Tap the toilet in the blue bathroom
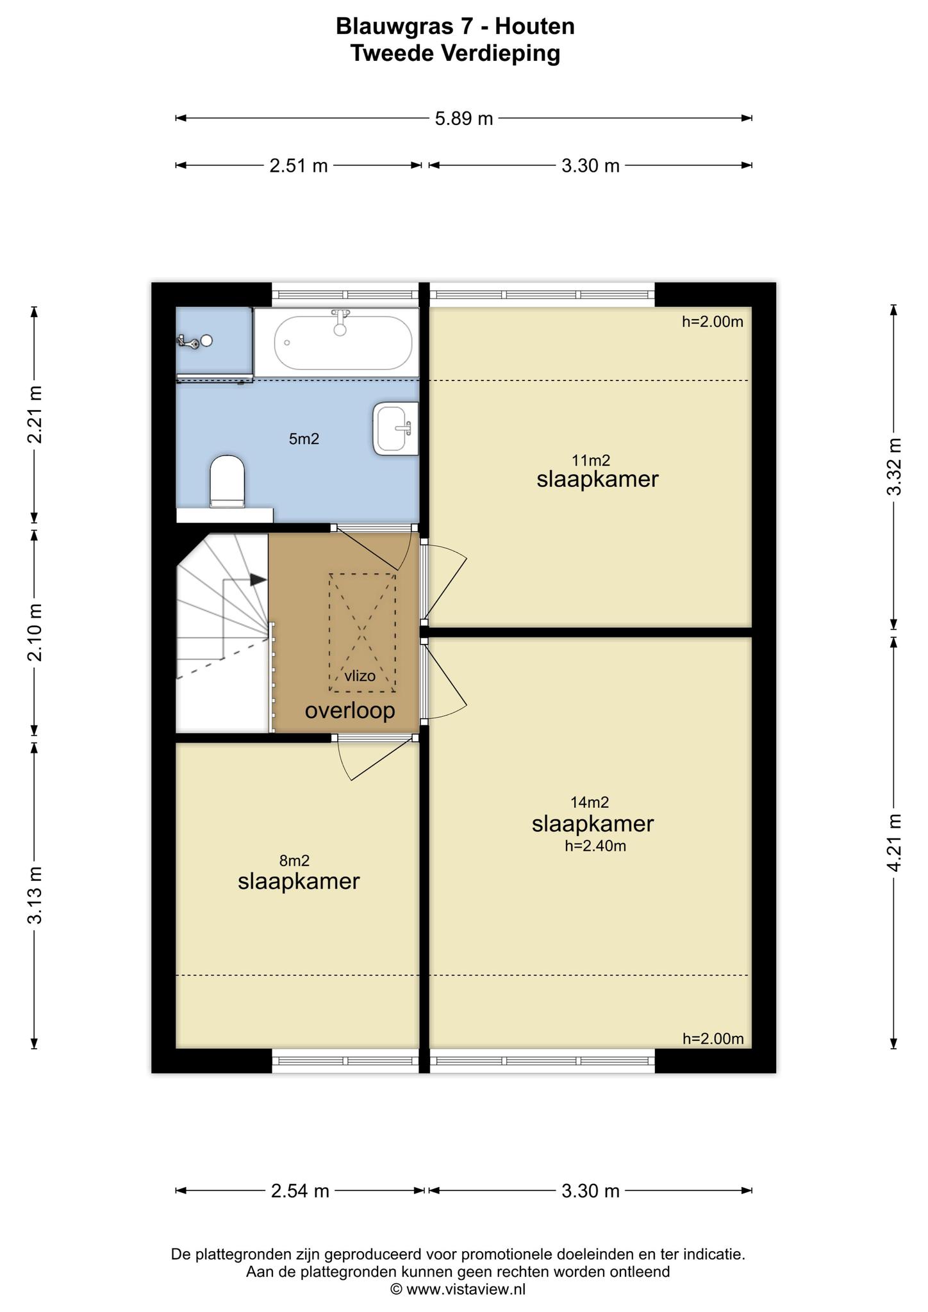(228, 481)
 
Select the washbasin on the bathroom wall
(395, 429)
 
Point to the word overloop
(350, 710)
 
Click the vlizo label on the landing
(360, 675)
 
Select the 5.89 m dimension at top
(464, 119)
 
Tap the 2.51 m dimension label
(299, 166)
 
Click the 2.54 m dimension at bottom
(300, 1191)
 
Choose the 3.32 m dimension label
(895, 466)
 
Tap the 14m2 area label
(590, 801)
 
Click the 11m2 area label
(591, 459)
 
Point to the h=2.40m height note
(595, 846)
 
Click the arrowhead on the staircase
(258, 580)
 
